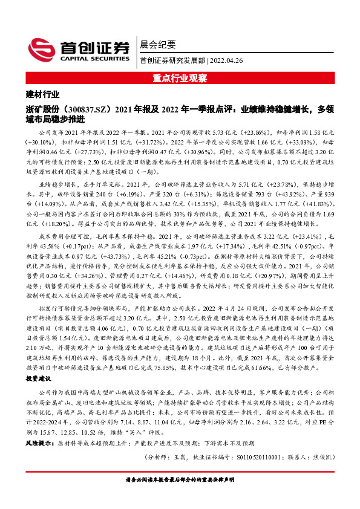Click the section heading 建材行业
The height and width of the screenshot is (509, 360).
[x=43, y=94]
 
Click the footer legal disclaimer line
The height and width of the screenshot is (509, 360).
[x=180, y=481]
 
